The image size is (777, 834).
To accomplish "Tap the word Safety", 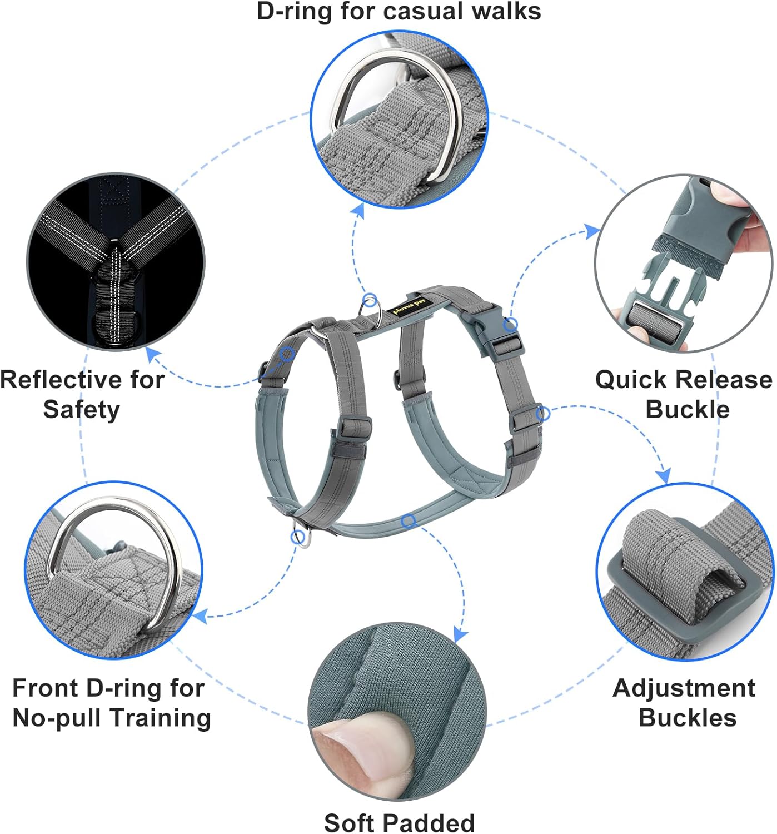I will point(82,410).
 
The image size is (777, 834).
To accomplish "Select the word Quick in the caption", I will point(631,380).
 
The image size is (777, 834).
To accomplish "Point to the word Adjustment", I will point(684,688).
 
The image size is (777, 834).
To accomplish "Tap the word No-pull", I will point(59,718).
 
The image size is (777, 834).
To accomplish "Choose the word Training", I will point(161,718).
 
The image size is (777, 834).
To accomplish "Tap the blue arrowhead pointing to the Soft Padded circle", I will point(460,634).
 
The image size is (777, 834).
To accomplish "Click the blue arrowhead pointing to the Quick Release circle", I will point(592,230).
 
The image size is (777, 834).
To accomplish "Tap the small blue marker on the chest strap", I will point(409,521).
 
